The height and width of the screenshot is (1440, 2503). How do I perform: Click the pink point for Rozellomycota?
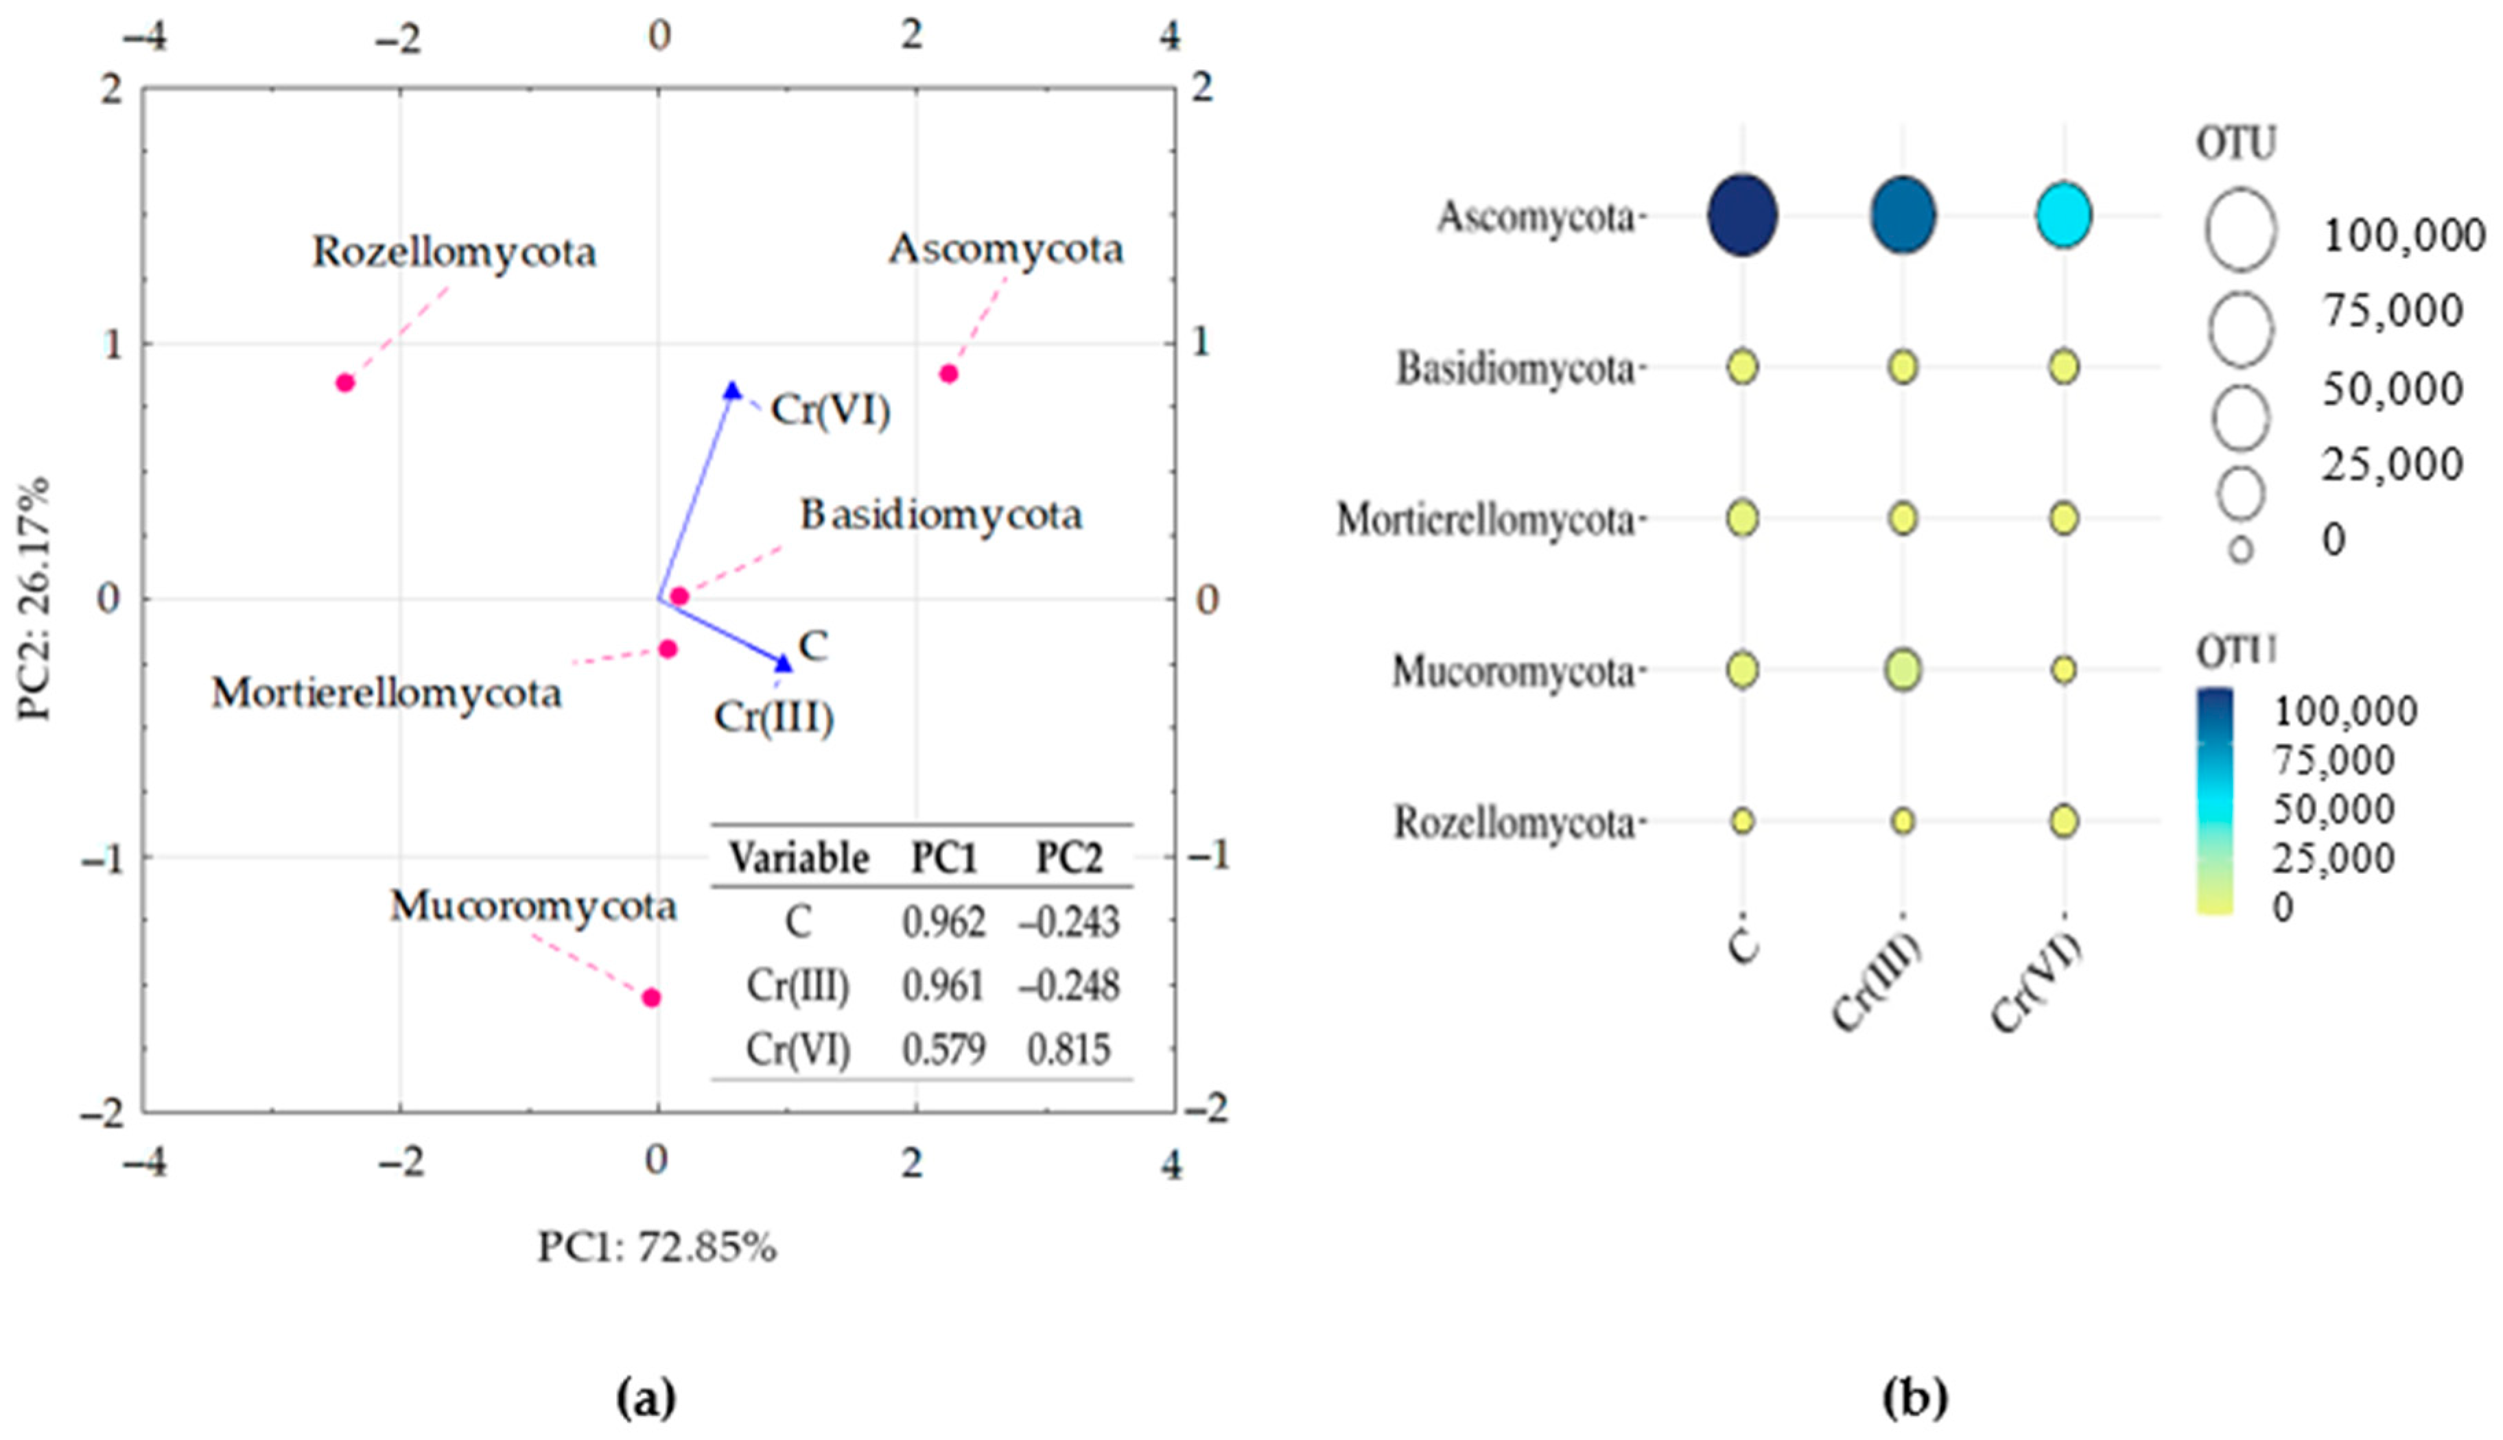[345, 383]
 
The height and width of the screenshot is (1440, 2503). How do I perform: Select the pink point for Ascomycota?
[948, 374]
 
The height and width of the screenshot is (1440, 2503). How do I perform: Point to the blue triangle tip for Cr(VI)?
[732, 390]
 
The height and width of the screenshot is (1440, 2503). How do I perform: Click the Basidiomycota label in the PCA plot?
[941, 515]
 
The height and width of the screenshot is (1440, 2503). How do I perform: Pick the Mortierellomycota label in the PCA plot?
[387, 694]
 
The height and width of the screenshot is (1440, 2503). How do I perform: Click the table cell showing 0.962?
[943, 922]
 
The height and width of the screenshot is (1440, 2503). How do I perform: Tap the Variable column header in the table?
[799, 858]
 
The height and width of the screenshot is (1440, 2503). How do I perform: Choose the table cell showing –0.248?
[1068, 985]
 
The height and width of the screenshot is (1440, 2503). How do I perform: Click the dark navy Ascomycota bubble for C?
[1743, 215]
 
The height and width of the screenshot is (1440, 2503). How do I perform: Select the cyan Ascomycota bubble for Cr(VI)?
[2063, 215]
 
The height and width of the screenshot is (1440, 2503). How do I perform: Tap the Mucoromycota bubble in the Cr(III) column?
[1903, 670]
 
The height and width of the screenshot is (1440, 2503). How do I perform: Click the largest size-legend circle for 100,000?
[2240, 229]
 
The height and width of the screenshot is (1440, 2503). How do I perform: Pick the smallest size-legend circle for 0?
[2241, 550]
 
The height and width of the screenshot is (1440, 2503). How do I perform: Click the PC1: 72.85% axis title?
[657, 1248]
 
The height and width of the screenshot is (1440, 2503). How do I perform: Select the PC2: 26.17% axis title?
[34, 600]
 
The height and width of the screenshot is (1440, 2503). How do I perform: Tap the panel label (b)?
[1916, 1398]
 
